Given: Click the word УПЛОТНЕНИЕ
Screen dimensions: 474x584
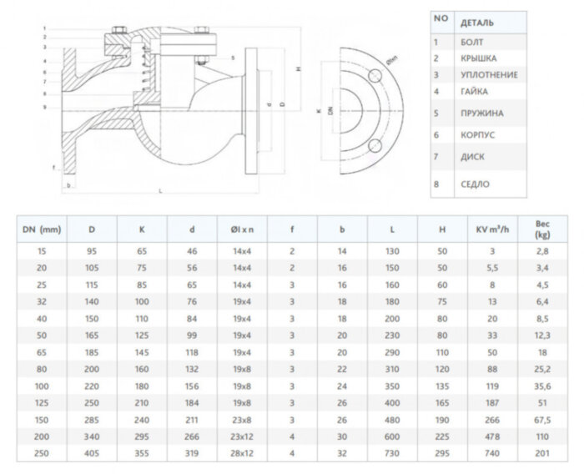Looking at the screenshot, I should pos(489,74).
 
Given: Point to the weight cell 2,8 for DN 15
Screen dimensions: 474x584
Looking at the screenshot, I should pos(543,250).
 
